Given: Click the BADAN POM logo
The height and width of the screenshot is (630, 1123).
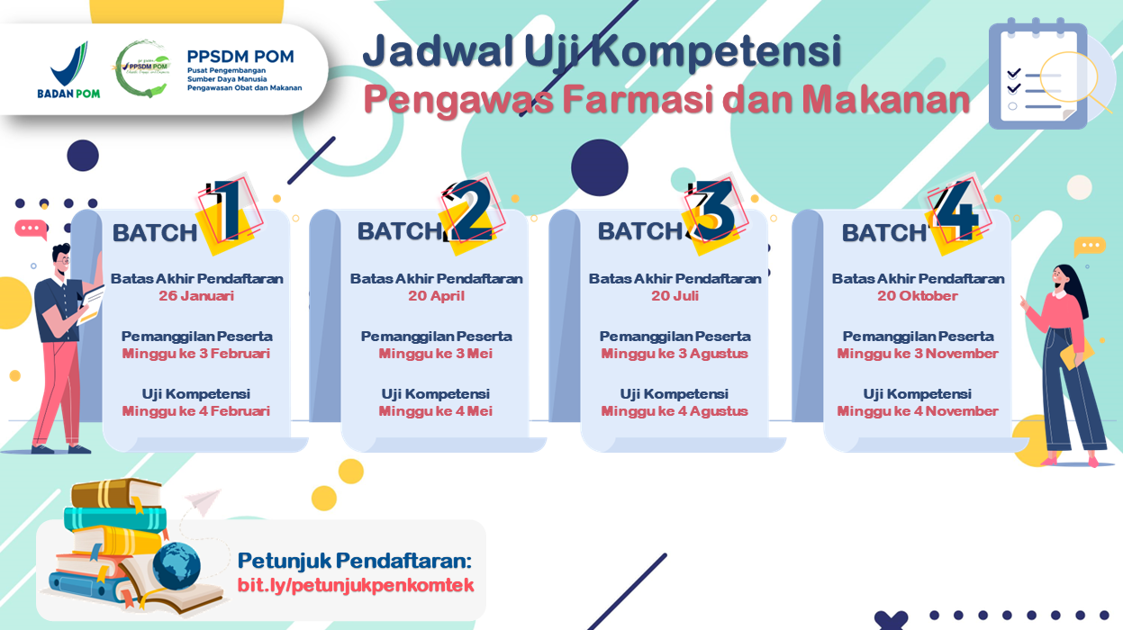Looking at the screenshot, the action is [x=68, y=69].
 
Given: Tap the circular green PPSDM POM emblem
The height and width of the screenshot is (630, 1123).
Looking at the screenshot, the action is [x=142, y=68].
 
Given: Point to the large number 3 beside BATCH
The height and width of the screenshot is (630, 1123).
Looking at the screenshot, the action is [x=714, y=210].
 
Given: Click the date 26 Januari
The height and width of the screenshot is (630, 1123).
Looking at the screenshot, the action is [x=196, y=296].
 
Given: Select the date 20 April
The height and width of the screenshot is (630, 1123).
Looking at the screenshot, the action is [x=436, y=296].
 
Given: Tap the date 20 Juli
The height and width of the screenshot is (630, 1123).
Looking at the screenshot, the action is [x=675, y=296].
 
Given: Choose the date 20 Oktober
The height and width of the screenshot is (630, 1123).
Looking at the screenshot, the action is [x=918, y=296].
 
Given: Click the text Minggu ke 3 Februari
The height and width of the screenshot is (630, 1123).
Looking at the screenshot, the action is [x=196, y=354].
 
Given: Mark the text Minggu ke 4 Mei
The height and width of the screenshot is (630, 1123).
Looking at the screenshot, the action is [x=436, y=411].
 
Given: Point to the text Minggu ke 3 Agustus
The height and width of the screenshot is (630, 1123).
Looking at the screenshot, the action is [x=675, y=354].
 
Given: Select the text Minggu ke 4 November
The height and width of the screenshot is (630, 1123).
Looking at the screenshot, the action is [x=918, y=411].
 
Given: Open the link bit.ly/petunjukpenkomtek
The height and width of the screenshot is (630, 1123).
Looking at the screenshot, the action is [x=356, y=585].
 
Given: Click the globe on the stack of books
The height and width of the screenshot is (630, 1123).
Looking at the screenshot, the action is [x=177, y=566].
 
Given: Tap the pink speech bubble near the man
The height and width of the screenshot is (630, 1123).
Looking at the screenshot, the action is [x=32, y=229].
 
